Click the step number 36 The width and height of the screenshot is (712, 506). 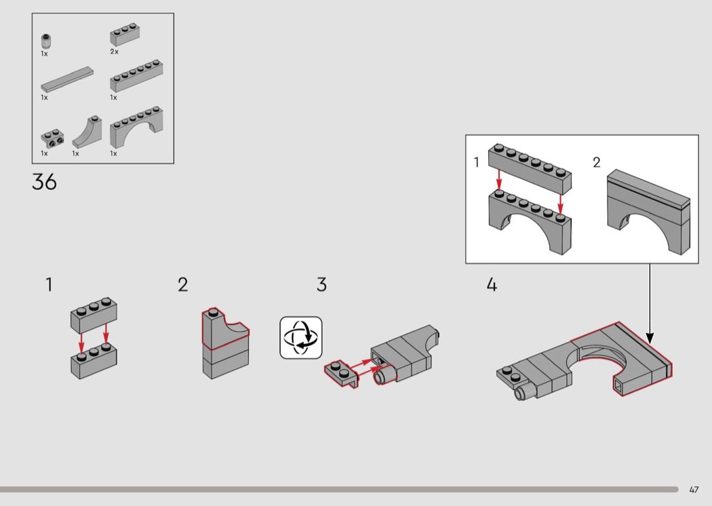[44, 182]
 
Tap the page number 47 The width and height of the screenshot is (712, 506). [694, 490]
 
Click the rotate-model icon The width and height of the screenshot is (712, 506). [300, 338]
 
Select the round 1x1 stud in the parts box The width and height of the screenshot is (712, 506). [45, 41]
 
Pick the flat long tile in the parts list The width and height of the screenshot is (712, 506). [67, 79]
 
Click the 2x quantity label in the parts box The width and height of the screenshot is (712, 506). [114, 52]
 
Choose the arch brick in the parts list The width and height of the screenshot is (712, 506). [136, 127]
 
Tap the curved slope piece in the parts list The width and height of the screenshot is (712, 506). [87, 132]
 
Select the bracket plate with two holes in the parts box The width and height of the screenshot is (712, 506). [52, 138]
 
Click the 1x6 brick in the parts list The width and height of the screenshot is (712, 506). [136, 76]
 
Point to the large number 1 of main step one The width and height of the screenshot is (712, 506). [49, 285]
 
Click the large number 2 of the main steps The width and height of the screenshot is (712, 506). [182, 285]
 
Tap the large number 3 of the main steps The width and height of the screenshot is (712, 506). [321, 285]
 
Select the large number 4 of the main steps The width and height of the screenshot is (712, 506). [492, 285]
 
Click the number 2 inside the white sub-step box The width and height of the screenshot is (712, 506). [597, 162]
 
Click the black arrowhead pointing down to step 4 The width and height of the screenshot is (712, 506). [650, 338]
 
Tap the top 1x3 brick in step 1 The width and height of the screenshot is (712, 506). [94, 314]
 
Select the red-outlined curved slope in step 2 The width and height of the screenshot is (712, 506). [224, 329]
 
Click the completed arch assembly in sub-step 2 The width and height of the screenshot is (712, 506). [648, 212]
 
